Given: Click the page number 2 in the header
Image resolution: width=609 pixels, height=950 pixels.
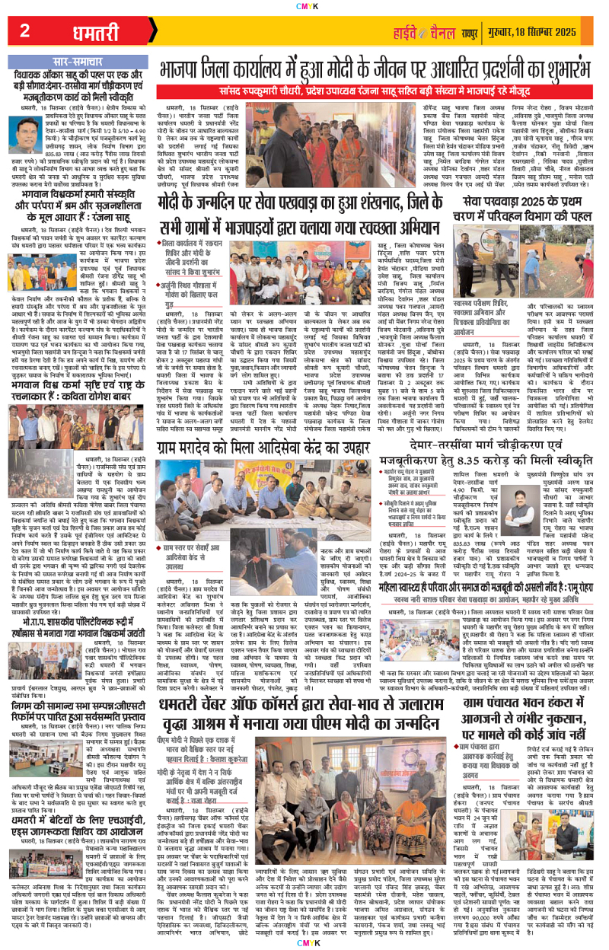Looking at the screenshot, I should click(x=24, y=31).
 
